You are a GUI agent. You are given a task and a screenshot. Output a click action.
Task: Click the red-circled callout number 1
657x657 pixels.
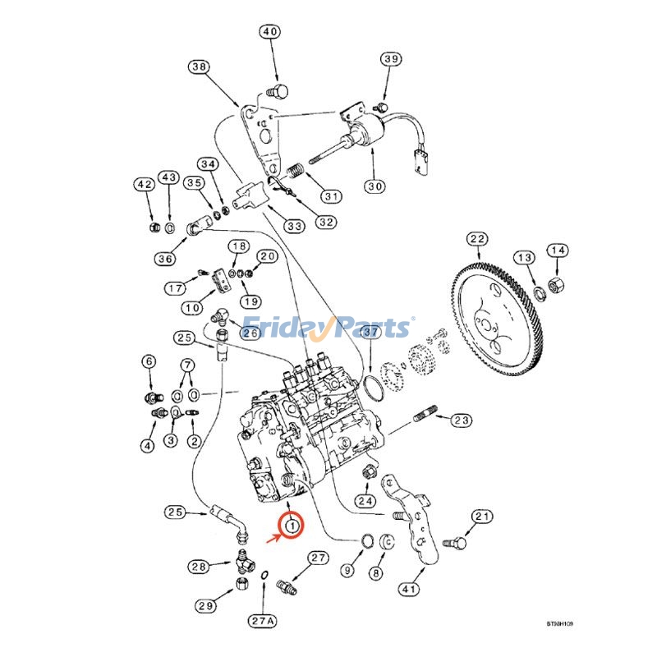[x=292, y=523]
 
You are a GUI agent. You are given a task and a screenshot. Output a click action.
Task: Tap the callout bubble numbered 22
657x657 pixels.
[x=477, y=240]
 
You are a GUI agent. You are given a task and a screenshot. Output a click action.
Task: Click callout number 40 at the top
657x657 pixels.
[x=270, y=32]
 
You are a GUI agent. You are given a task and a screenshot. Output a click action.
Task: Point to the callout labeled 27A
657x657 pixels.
[x=261, y=621]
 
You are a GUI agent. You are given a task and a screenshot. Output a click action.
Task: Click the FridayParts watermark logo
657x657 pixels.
[x=328, y=328]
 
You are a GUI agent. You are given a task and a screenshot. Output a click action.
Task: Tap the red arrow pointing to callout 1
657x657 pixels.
[x=272, y=539]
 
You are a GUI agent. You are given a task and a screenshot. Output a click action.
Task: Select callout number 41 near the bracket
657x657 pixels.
[x=408, y=588]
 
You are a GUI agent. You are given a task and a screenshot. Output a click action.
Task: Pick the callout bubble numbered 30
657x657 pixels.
[x=374, y=186]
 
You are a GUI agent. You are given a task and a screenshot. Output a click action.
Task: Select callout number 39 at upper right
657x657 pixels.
[x=391, y=59]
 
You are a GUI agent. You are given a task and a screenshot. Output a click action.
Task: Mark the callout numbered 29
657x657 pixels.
[x=204, y=606]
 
